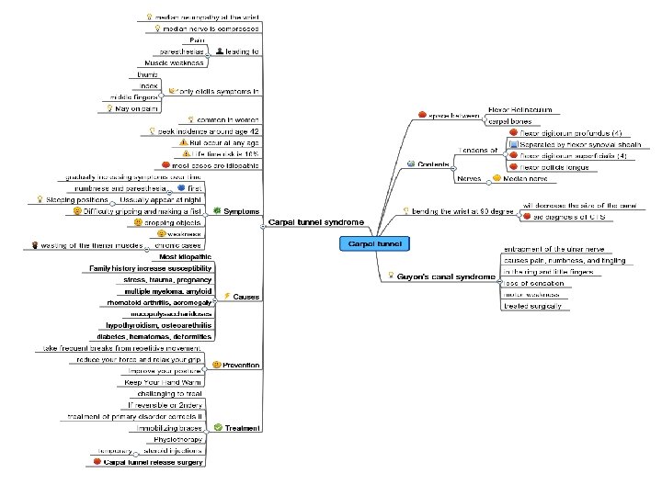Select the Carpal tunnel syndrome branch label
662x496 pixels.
click(x=315, y=222)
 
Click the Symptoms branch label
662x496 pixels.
click(x=242, y=211)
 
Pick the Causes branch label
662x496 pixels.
click(x=244, y=298)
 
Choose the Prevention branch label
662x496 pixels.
click(x=241, y=366)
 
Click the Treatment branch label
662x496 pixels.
click(x=243, y=428)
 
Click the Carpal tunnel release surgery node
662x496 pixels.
click(x=154, y=463)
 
